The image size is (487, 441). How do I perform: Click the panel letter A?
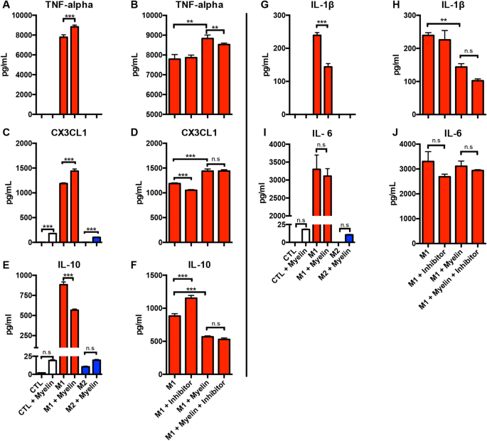click(x=6, y=6)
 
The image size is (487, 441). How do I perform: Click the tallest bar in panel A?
click(x=75, y=70)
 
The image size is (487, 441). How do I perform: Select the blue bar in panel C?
click(x=97, y=239)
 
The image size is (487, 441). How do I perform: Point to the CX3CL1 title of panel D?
click(x=197, y=131)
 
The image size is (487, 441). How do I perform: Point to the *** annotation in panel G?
click(x=322, y=24)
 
